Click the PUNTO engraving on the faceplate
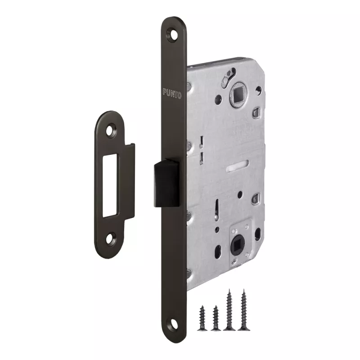[172, 93]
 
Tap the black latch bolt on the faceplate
[166, 183]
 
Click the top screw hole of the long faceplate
[173, 35]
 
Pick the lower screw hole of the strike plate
[111, 239]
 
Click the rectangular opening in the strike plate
[110, 186]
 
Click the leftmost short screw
[202, 318]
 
